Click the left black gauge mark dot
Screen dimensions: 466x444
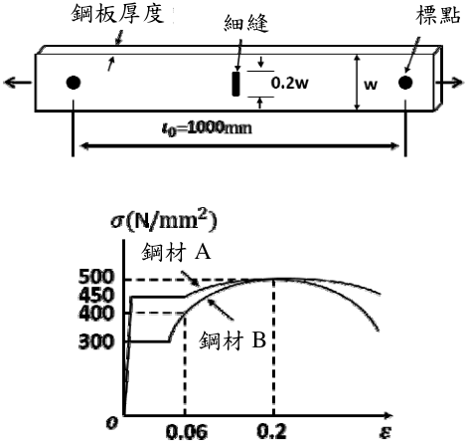pyautogui.click(x=74, y=83)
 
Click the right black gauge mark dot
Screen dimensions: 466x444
pyautogui.click(x=405, y=83)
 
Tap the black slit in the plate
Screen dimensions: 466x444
pyautogui.click(x=235, y=84)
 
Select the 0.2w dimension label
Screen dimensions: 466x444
pyautogui.click(x=289, y=83)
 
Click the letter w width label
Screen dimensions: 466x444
pyautogui.click(x=371, y=85)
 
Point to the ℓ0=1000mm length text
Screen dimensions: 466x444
pyautogui.click(x=207, y=128)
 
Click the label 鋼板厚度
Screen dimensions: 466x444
pyautogui.click(x=117, y=14)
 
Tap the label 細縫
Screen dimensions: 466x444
pyautogui.click(x=246, y=23)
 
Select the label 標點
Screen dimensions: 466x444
pyautogui.click(x=438, y=15)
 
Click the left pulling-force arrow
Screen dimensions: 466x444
pyautogui.click(x=18, y=83)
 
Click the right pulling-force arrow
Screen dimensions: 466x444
pyautogui.click(x=449, y=83)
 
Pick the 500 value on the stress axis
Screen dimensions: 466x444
pyautogui.click(x=96, y=277)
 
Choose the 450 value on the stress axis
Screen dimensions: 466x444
pyautogui.click(x=96, y=295)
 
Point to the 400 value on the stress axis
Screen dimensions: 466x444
pyautogui.click(x=96, y=313)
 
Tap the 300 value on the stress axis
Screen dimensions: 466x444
pyautogui.click(x=96, y=341)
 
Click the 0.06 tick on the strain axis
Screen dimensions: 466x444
pyautogui.click(x=187, y=432)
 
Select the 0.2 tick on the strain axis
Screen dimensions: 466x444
pyautogui.click(x=272, y=431)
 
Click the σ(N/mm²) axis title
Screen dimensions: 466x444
pyautogui.click(x=164, y=221)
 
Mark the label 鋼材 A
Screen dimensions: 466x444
pyautogui.click(x=176, y=253)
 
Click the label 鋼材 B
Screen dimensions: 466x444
pyautogui.click(x=233, y=339)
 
